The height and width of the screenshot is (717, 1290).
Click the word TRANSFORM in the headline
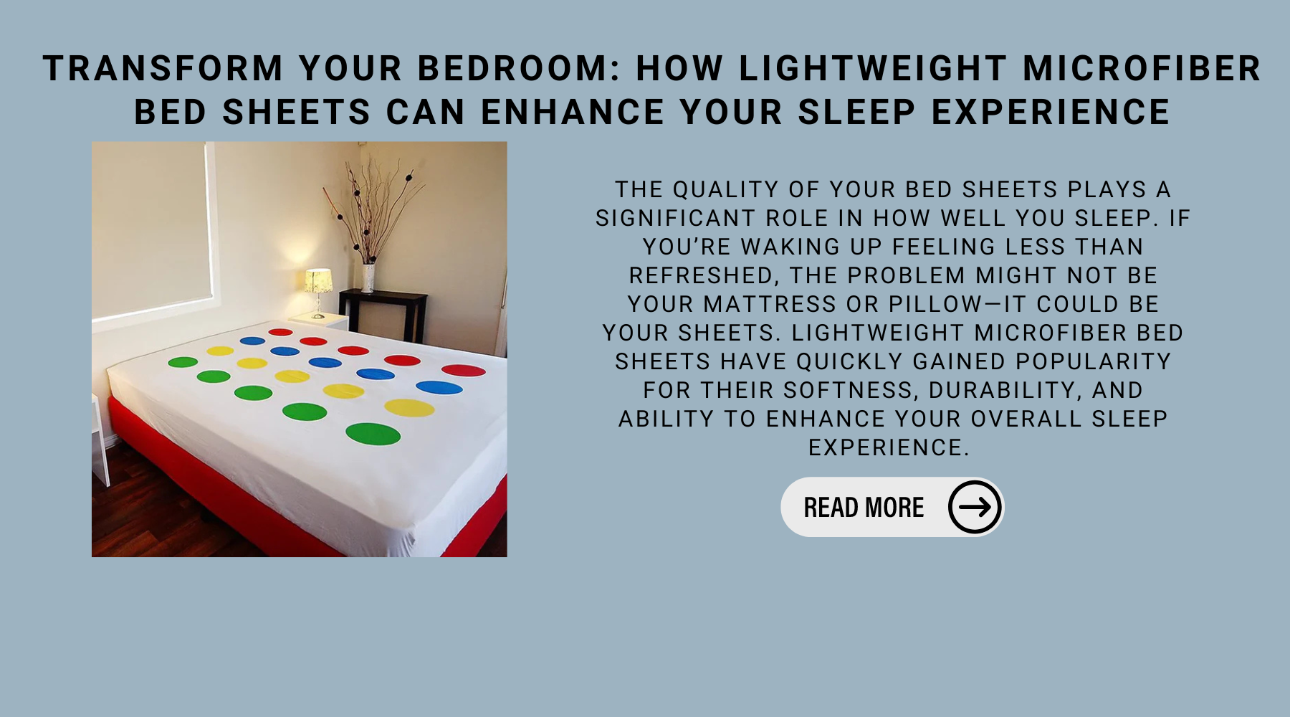click(163, 69)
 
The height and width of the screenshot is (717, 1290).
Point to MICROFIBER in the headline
click(1142, 69)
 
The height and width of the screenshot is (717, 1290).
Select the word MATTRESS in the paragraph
click(770, 304)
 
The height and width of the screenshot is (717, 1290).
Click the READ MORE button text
click(864, 508)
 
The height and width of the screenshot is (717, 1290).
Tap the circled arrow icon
click(975, 507)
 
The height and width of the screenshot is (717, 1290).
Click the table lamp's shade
click(319, 280)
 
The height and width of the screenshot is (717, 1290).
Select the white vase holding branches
click(368, 277)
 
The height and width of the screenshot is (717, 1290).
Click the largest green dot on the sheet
click(373, 434)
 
